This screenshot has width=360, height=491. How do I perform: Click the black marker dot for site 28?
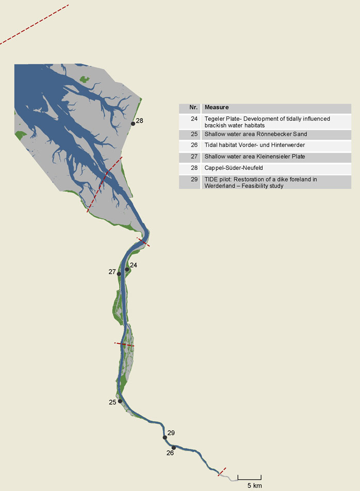[x=133, y=124]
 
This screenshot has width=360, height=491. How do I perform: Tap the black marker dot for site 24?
[x=127, y=270]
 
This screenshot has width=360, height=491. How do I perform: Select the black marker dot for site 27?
[x=119, y=274]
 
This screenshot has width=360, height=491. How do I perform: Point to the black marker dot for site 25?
[x=120, y=401]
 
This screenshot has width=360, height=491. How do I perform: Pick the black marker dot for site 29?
[x=165, y=437]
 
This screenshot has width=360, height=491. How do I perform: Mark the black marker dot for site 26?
[x=174, y=448]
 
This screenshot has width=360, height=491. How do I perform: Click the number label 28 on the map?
[x=139, y=121]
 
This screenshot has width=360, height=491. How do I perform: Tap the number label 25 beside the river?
[x=112, y=402]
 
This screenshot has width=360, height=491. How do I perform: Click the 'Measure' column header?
[x=217, y=108]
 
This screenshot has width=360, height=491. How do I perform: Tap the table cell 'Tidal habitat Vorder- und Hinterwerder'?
[x=254, y=145]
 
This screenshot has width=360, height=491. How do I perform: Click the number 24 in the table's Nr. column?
[x=194, y=119]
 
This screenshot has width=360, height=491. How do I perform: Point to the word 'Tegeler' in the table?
[x=216, y=119]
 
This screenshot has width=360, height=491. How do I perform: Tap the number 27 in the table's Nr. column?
[x=194, y=156]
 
